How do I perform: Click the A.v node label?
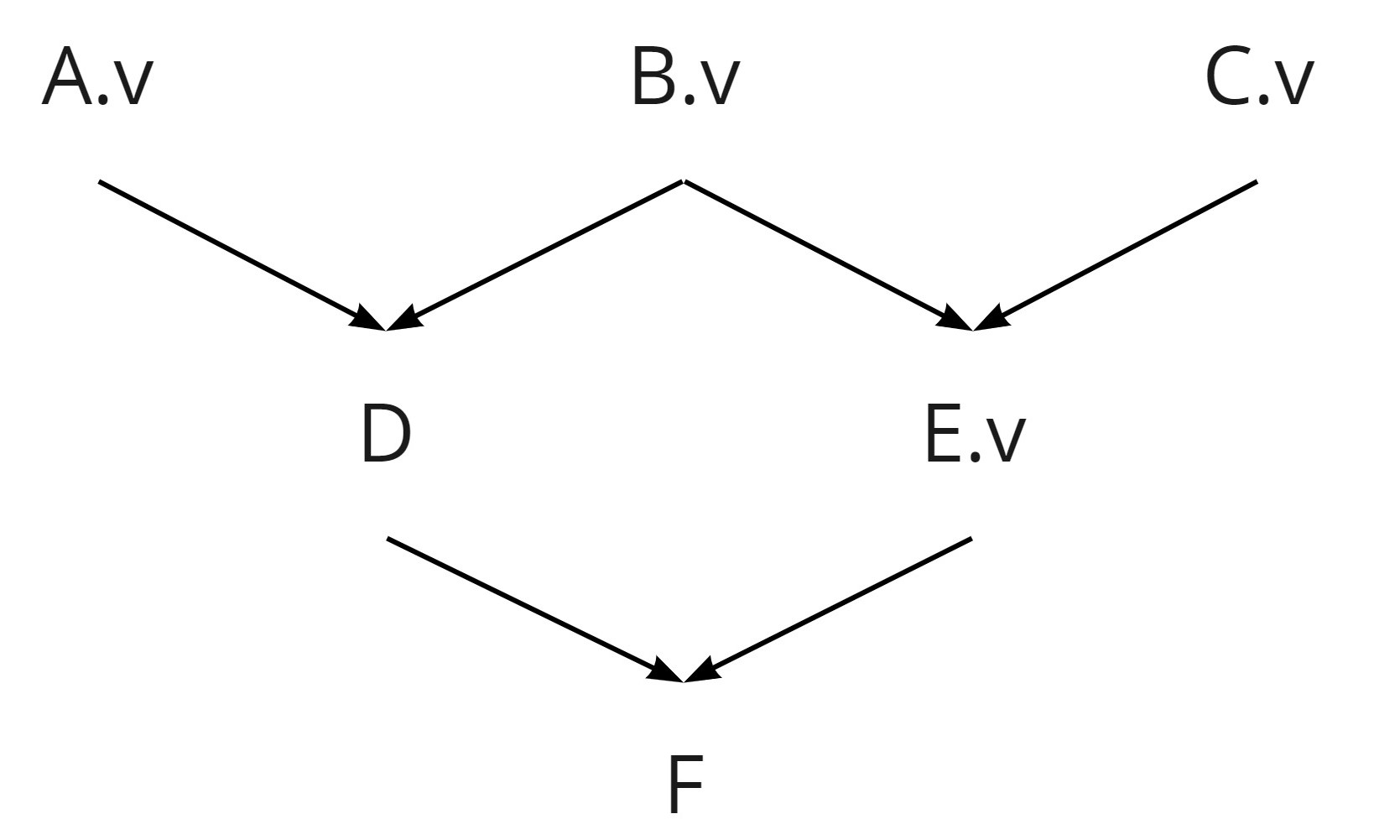98,78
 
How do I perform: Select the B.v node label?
685,78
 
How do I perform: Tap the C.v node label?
1258,78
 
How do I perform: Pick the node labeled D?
386,435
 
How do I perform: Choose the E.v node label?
974,435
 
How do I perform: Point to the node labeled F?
685,785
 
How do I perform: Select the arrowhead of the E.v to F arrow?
703,671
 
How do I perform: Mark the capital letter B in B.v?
654,78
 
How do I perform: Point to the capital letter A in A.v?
67,78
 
